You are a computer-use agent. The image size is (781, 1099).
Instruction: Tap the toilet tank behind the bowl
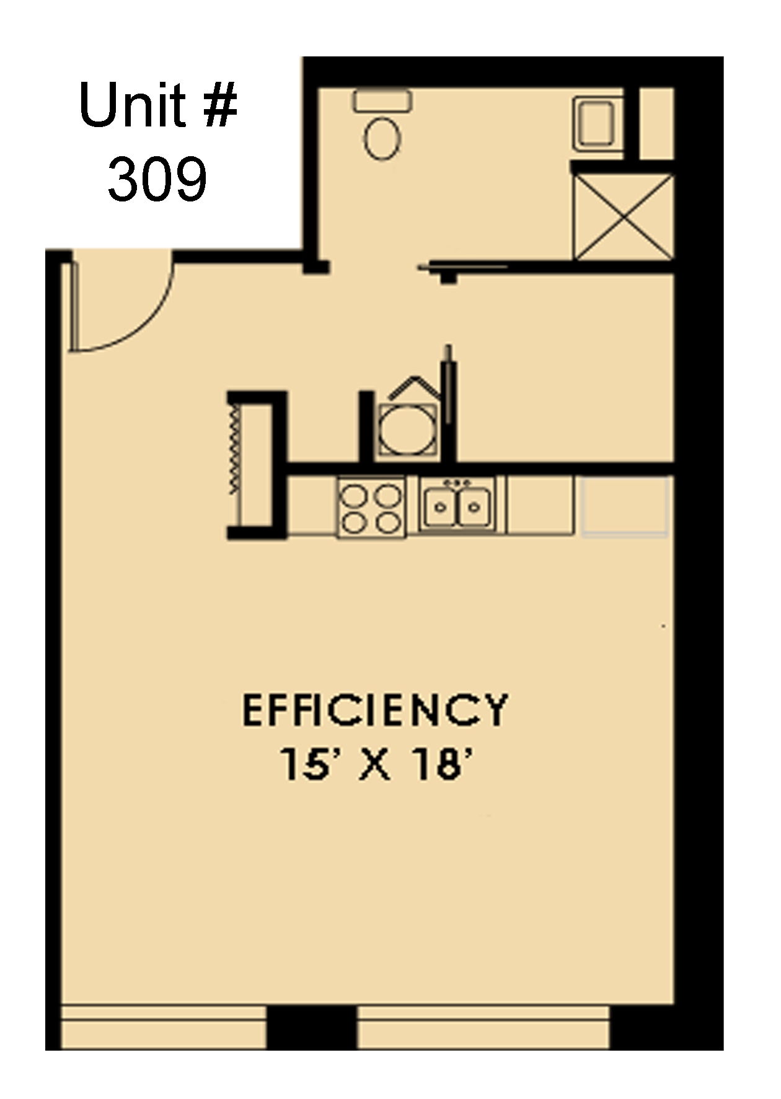[382, 100]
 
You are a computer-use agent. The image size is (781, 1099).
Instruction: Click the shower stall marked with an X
[623, 216]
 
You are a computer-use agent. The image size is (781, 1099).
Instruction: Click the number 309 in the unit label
[157, 180]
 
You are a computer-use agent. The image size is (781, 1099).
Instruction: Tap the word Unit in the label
[132, 107]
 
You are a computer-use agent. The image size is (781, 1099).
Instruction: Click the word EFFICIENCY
[374, 710]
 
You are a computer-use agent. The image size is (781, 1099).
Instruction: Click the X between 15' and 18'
[376, 764]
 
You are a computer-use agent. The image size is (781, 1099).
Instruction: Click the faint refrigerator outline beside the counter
[625, 506]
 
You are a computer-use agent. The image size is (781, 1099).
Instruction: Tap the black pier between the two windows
[312, 1027]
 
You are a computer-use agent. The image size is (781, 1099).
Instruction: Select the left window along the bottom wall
[164, 1027]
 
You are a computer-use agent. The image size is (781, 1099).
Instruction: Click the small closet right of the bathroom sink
[656, 123]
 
